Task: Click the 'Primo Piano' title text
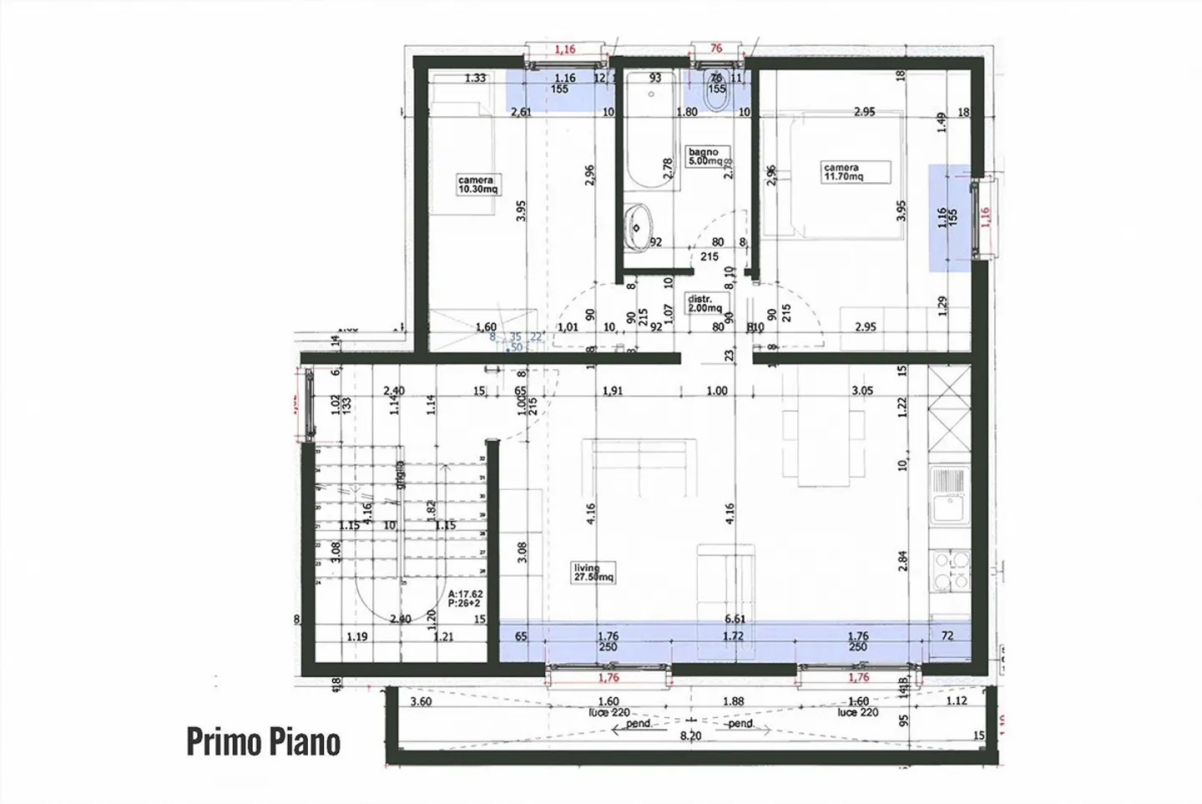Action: (x=263, y=741)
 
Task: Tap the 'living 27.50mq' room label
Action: (x=593, y=572)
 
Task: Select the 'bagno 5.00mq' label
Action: (x=705, y=156)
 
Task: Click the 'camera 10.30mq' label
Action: (x=477, y=185)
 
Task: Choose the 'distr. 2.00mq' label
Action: (x=705, y=303)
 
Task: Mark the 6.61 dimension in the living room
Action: (x=735, y=619)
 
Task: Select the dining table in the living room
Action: (x=823, y=447)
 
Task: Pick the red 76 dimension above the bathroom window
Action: (x=715, y=48)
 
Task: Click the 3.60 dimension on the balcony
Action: (x=421, y=701)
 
